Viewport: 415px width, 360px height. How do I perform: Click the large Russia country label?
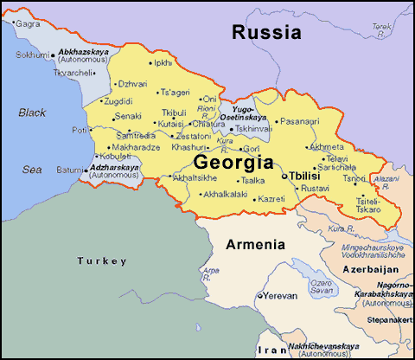266,34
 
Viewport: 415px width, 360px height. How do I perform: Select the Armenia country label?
255,245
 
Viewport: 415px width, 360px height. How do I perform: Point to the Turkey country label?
101,260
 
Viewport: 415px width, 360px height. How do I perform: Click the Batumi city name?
69,170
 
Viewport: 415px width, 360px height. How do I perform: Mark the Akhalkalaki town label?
224,195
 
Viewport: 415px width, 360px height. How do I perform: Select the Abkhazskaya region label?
87,53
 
